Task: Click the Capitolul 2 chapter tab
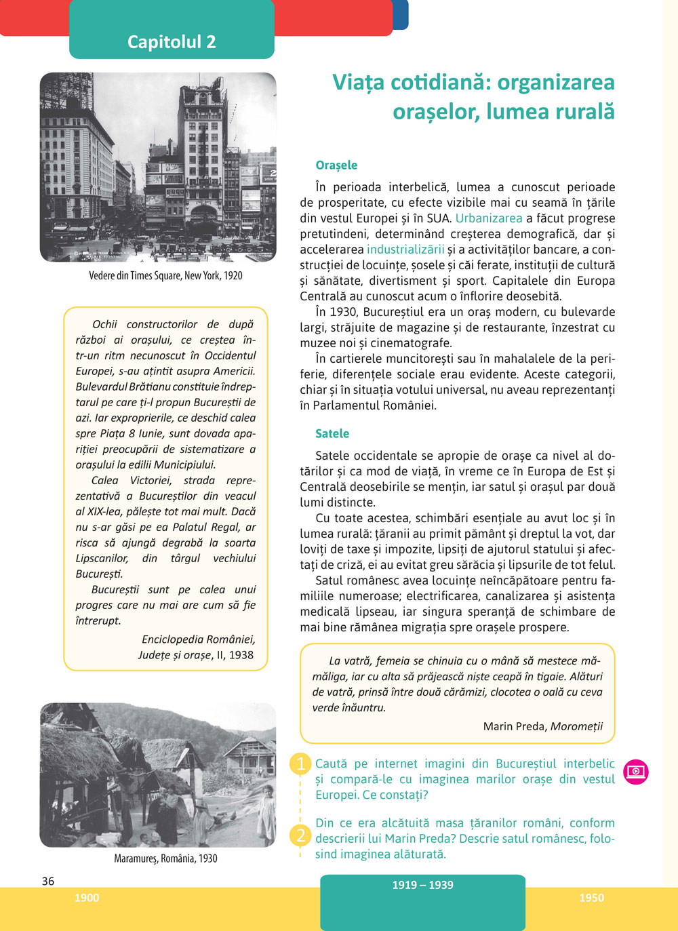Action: (x=172, y=41)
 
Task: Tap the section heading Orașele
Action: (x=336, y=165)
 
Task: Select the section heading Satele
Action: (x=332, y=434)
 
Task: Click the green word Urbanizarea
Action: (x=489, y=218)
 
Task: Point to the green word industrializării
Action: (x=405, y=250)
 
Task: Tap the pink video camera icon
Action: (x=636, y=772)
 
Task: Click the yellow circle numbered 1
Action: (x=300, y=764)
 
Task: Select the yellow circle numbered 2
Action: (x=300, y=835)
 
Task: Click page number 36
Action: (x=48, y=882)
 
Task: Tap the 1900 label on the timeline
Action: (x=87, y=898)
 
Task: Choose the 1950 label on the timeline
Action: (x=591, y=898)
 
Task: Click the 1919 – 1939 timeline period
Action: (x=422, y=886)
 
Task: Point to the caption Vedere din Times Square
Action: (x=165, y=276)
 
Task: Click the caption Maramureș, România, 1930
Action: (x=165, y=858)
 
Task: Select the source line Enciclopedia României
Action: (x=198, y=639)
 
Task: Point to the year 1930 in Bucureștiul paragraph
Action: (x=345, y=312)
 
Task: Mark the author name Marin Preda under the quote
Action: (x=514, y=726)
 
